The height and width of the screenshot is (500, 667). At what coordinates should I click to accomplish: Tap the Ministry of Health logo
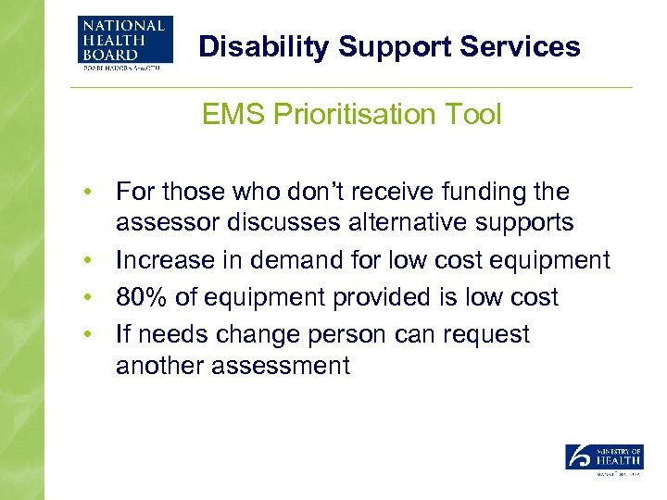tap(604, 460)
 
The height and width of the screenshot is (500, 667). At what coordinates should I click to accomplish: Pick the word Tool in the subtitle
tap(475, 115)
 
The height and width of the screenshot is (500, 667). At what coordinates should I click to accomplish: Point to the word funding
tap(472, 192)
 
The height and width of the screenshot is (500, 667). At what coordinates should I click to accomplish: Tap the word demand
tap(292, 260)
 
